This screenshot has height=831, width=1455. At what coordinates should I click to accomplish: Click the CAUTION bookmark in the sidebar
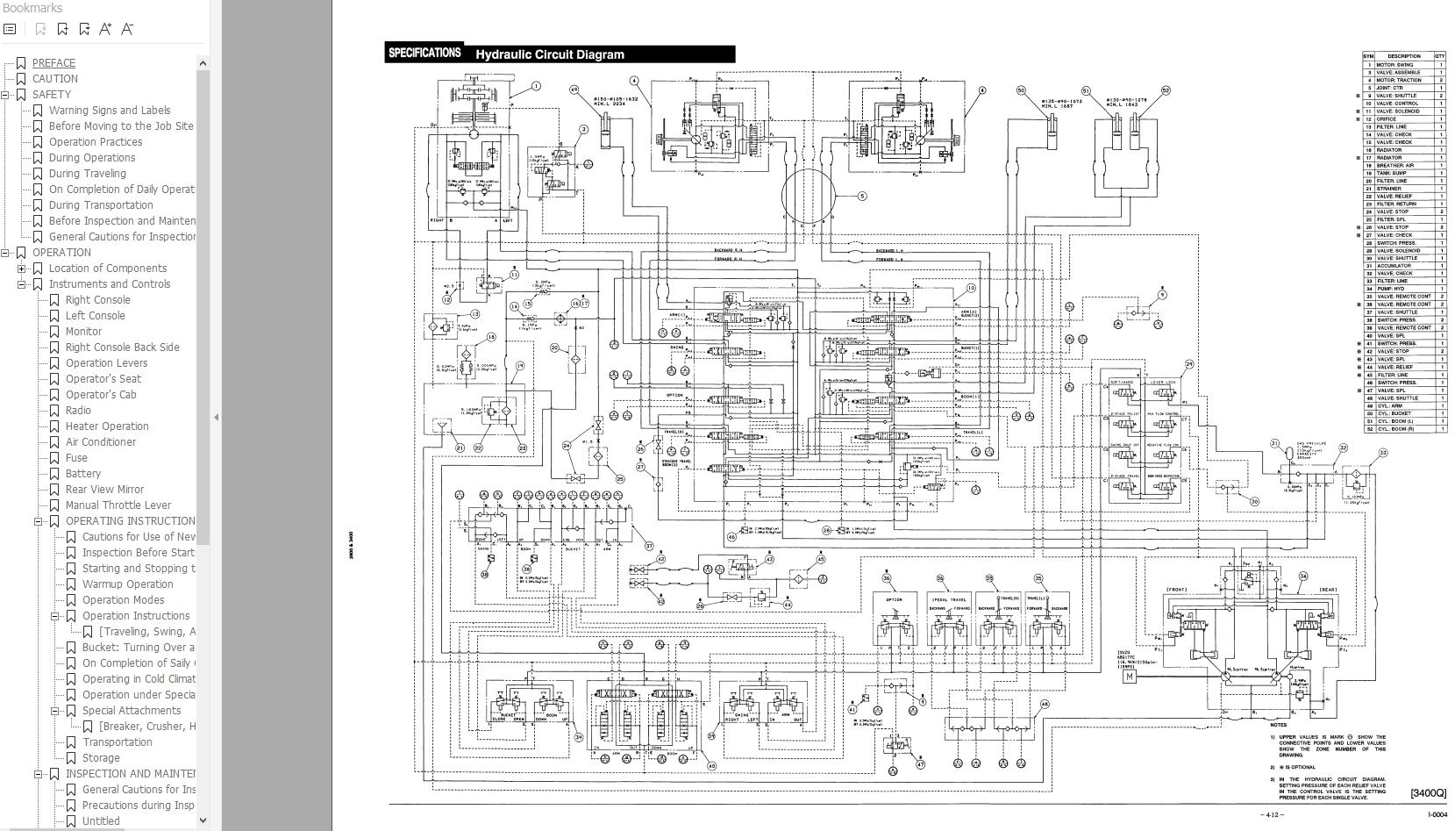tap(55, 78)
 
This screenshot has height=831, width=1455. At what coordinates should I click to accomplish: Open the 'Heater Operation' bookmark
tap(107, 426)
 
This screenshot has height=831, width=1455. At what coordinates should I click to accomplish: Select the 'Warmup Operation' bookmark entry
tap(127, 584)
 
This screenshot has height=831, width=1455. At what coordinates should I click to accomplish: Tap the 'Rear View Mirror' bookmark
tap(104, 489)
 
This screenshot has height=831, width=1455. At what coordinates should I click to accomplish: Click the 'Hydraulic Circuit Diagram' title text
tap(550, 54)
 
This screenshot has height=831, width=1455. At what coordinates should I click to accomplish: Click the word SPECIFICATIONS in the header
tap(424, 53)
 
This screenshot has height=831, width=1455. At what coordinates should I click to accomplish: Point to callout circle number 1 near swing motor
tap(536, 86)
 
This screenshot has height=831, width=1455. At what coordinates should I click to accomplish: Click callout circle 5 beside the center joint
tap(861, 196)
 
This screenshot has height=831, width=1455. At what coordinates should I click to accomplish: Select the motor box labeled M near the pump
tap(1130, 677)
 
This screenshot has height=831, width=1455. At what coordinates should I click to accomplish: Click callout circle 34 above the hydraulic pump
tap(1302, 577)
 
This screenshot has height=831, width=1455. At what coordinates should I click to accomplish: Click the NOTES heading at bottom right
tap(1278, 725)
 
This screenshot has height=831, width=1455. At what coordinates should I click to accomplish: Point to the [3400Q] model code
tap(1428, 793)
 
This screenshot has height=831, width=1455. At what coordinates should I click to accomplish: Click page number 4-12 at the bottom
tap(1271, 815)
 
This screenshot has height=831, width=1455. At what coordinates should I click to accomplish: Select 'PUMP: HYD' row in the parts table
tap(1391, 289)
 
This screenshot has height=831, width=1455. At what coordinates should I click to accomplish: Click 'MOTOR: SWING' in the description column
tap(1394, 65)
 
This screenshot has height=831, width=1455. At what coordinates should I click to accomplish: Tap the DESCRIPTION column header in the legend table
tap(1403, 56)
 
